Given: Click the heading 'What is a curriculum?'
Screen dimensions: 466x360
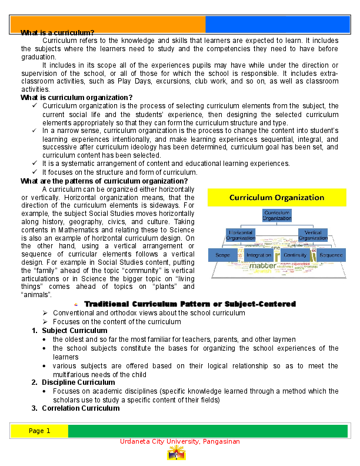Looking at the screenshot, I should point(57,32).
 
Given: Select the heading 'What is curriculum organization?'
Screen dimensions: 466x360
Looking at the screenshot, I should point(76,97).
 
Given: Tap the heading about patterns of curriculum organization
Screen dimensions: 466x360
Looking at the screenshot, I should point(104,181).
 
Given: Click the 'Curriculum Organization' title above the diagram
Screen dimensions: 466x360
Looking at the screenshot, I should point(276,198).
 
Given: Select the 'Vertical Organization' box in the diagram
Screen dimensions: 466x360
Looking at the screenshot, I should point(312,235).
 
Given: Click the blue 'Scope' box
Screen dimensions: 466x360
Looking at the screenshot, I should point(222,255).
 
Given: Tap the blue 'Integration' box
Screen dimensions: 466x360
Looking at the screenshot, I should point(259,255).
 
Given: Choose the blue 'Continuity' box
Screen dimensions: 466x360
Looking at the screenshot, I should point(294,255).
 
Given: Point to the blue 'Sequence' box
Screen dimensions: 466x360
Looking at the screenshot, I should point(330,255).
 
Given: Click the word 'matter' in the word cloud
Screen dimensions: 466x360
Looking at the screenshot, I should point(262,266).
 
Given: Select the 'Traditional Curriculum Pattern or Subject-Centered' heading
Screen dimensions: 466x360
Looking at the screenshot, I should point(189,304).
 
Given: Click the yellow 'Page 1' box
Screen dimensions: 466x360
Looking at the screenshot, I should point(39,431).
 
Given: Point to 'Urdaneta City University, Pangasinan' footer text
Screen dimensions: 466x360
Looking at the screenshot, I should point(179,442).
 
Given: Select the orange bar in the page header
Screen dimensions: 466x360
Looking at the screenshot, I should point(108,24).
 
